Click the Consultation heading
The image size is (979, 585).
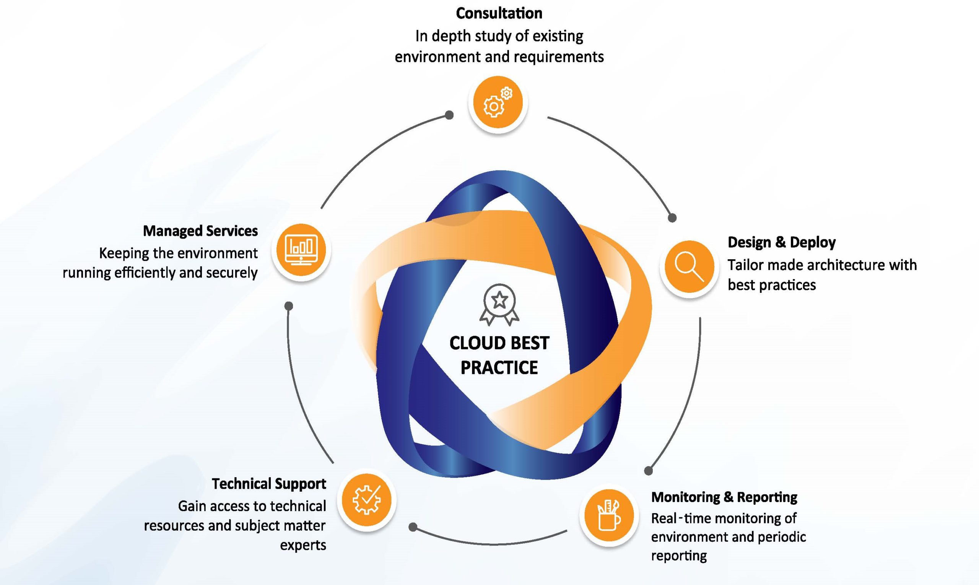point(499,13)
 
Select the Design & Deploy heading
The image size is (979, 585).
point(781,242)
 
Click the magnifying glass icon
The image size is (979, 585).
point(689,266)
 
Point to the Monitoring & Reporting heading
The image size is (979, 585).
point(724,497)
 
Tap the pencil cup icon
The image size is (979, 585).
point(609,515)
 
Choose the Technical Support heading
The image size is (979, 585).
point(269,484)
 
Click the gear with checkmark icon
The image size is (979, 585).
point(367,500)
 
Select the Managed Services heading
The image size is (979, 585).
point(200,231)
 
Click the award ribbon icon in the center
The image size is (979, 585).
point(499,305)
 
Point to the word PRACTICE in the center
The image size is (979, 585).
point(499,367)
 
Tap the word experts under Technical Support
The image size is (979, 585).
point(303,546)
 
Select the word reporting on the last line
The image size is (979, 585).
point(679,556)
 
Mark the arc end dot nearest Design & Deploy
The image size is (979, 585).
point(672,218)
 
